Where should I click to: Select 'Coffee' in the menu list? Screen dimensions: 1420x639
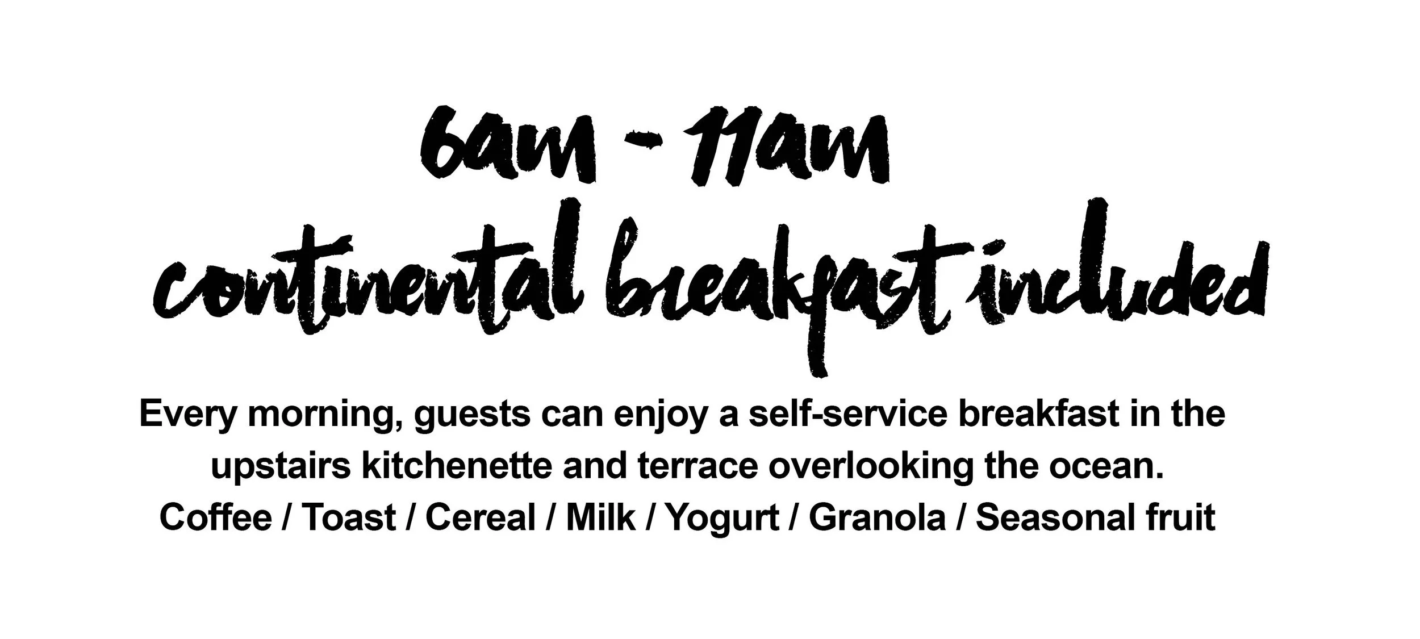click(216, 517)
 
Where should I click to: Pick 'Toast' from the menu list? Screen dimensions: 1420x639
click(348, 517)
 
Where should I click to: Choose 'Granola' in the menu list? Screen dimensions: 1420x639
click(878, 517)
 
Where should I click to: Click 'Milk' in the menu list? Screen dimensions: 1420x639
click(602, 517)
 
